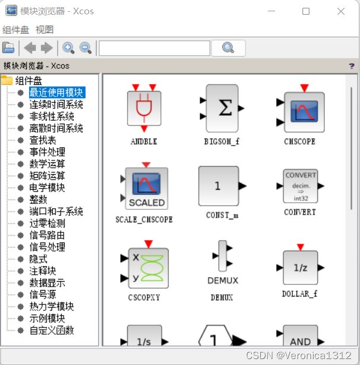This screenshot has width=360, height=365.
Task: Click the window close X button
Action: pyautogui.click(x=341, y=11)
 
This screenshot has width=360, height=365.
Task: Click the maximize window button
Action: pyautogui.click(x=306, y=11)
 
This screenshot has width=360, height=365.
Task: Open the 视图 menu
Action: pyautogui.click(x=45, y=30)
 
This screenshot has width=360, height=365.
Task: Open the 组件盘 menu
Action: pyautogui.click(x=15, y=30)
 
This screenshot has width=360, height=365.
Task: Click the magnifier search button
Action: pyautogui.click(x=229, y=48)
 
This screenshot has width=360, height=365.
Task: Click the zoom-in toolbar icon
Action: pyautogui.click(x=68, y=48)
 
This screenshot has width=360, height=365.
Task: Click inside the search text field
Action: pyautogui.click(x=154, y=48)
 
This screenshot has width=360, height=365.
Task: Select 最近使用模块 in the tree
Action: pyautogui.click(x=56, y=93)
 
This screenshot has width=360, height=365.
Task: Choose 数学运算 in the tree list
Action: pyautogui.click(x=48, y=164)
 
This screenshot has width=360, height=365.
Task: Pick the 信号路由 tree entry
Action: pyautogui.click(x=48, y=235)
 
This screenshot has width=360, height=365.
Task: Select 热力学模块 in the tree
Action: pyautogui.click(x=52, y=307)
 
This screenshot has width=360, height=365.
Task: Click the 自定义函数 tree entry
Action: pyautogui.click(x=52, y=331)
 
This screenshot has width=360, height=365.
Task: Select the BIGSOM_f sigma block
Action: pyautogui.click(x=222, y=108)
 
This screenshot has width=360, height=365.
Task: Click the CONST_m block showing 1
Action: pyautogui.click(x=218, y=186)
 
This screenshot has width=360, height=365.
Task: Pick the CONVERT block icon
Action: pyautogui.click(x=300, y=186)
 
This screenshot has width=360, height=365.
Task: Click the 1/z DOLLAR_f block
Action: pyautogui.click(x=300, y=267)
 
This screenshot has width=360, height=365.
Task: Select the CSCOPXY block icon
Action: pyautogui.click(x=147, y=267)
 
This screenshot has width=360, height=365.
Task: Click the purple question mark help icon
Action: pyautogui.click(x=352, y=66)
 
